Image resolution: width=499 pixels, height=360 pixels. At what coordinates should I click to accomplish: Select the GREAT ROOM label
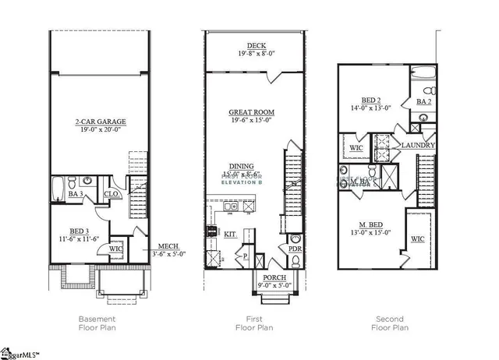[x=251, y=111]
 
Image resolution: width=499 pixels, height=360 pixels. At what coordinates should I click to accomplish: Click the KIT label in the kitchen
[x=231, y=233]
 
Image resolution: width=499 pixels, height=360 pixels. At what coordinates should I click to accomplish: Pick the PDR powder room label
[x=295, y=250]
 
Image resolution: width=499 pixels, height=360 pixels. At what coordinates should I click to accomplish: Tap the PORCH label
[x=274, y=277]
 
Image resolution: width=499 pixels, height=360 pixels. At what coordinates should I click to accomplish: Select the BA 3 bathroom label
[x=76, y=192]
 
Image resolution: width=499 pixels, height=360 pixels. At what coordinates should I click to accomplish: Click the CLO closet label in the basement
[x=111, y=192]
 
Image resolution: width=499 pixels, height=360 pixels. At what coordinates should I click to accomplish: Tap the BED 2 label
[x=370, y=101]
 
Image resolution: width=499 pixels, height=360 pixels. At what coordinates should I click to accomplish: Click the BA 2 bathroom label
[x=423, y=102]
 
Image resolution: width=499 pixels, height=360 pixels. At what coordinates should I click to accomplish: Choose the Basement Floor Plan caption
[x=98, y=323]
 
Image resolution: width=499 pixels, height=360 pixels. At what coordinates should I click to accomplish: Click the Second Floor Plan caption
[x=389, y=323]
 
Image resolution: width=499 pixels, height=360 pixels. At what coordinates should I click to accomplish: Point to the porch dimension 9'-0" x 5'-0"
[x=274, y=285]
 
